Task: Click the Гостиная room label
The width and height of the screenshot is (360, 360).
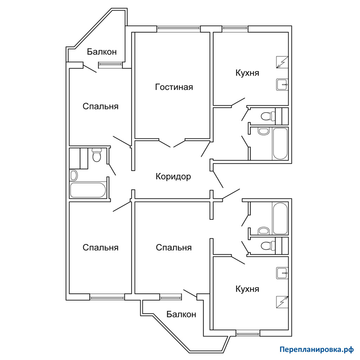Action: pos(174,87)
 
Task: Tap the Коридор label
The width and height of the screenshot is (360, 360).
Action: pos(173,176)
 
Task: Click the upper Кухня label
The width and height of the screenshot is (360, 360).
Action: pos(247,73)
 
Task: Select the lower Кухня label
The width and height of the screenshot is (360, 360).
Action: pos(247,289)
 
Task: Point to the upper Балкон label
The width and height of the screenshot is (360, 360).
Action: pos(102,52)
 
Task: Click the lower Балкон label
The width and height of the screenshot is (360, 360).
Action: pos(181,314)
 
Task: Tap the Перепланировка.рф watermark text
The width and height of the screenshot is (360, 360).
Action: pos(317,349)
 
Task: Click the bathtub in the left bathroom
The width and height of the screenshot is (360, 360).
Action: pos(88,190)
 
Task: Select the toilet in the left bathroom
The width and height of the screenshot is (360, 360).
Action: pos(96,155)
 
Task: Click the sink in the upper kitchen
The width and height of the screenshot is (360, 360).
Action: pos(282,84)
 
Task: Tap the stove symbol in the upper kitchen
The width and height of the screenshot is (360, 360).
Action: pos(282,62)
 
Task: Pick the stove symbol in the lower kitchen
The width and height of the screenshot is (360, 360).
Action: pos(282,302)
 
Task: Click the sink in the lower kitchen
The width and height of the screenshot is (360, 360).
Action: pos(282,273)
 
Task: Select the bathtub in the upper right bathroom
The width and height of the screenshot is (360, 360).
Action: pos(280,144)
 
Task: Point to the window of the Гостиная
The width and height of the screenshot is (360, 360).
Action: pos(179,28)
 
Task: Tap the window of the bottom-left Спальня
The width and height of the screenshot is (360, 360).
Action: pos(107,298)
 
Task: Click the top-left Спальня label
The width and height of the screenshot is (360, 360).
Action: pos(101,107)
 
